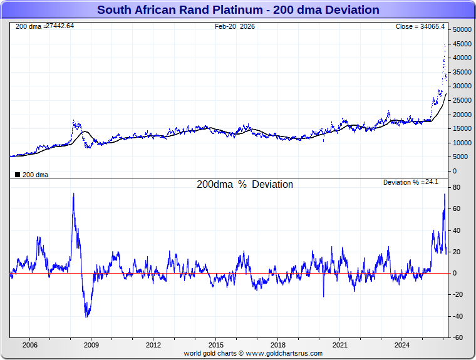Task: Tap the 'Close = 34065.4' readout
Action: [x=420, y=26]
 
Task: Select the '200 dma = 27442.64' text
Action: [x=44, y=26]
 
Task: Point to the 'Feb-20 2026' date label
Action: [x=235, y=26]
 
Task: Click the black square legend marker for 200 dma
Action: [x=17, y=175]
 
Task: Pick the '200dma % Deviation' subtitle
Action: [x=245, y=185]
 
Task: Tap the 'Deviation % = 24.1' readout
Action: [x=410, y=182]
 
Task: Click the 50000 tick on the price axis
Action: [x=463, y=29]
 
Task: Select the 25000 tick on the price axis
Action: [x=463, y=100]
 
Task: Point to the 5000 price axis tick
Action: [x=459, y=157]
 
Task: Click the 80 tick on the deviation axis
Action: [x=458, y=187]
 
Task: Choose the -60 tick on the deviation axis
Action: [x=458, y=338]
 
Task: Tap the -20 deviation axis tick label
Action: [x=458, y=295]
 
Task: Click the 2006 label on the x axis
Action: [x=29, y=345]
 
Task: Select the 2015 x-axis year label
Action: [x=216, y=345]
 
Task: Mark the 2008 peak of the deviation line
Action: [x=73, y=193]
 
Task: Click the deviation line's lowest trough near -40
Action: [x=86, y=317]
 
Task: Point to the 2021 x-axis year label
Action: [x=340, y=345]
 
